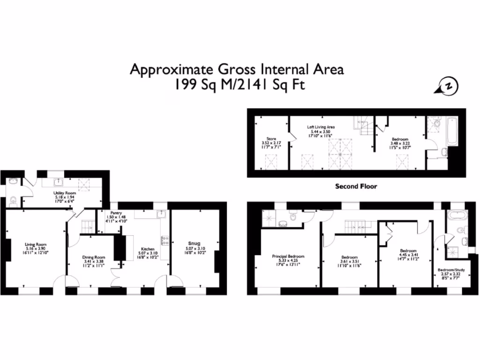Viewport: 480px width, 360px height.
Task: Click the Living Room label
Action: [36, 244]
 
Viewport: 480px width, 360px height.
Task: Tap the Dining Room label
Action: [94, 257]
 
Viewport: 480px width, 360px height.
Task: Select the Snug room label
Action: [194, 243]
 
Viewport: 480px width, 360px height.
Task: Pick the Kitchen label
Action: [148, 249]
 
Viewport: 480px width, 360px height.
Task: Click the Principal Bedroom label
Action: [288, 256]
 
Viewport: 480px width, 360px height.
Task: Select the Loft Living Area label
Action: [321, 127]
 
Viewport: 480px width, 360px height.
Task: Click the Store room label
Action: [271, 139]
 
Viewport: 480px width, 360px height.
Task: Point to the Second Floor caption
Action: [356, 187]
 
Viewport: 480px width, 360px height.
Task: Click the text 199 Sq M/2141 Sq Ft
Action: [237, 85]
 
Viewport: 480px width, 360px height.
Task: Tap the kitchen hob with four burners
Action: [165, 241]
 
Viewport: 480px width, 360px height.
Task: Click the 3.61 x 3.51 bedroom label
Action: [350, 257]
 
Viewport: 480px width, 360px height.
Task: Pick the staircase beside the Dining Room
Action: [88, 227]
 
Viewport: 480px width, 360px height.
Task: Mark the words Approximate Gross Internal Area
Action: [237, 69]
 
